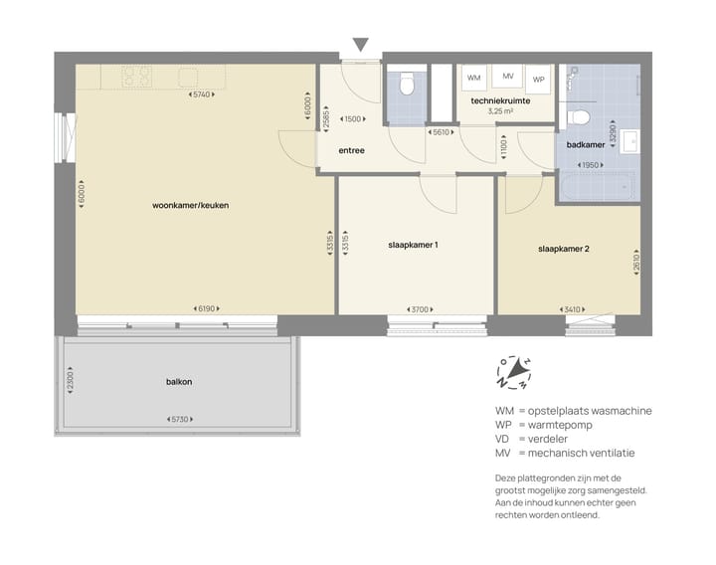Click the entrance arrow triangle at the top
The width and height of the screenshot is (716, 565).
(360, 44)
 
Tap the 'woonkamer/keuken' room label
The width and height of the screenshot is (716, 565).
(191, 206)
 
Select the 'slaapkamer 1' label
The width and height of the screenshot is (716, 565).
(413, 245)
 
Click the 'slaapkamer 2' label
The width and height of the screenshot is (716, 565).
(564, 249)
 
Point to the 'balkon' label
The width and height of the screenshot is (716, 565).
(179, 382)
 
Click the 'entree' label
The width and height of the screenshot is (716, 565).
(351, 151)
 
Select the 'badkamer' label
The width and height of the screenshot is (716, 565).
(586, 144)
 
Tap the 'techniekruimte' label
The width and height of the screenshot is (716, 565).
(500, 101)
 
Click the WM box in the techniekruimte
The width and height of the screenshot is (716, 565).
(474, 78)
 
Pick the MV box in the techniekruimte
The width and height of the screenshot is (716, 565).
(508, 77)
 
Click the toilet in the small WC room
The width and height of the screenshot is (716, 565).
(405, 86)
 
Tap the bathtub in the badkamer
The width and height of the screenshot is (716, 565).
(597, 186)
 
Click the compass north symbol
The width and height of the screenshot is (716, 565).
(514, 372)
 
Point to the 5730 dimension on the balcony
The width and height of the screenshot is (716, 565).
(179, 420)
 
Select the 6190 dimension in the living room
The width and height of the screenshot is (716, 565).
(207, 309)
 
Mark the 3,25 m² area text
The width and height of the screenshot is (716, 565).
(500, 112)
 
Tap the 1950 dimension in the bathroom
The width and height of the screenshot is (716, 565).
(591, 164)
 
